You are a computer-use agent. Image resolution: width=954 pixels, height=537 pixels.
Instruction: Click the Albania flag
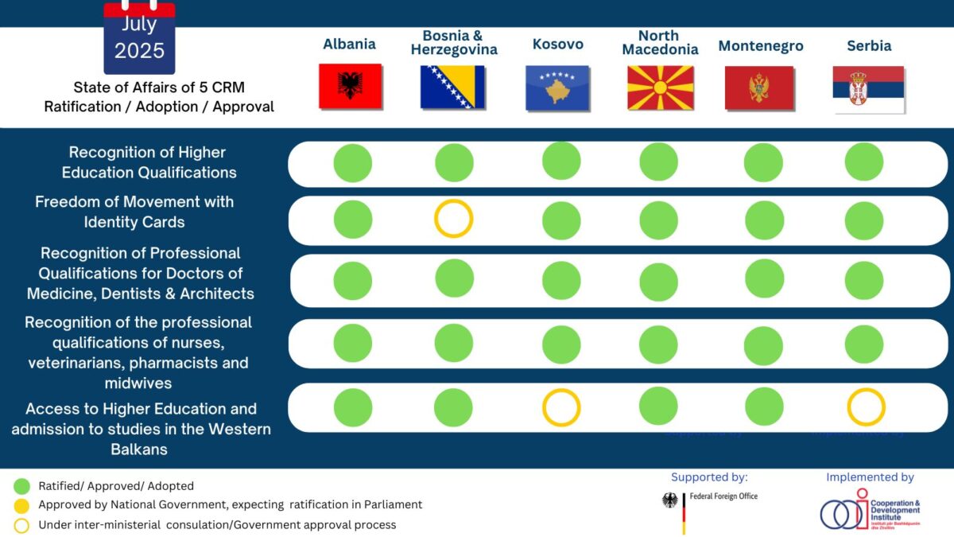350,87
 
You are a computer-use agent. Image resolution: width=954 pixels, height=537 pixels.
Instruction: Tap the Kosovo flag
557,88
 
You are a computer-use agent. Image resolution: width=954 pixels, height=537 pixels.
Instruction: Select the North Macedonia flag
660,88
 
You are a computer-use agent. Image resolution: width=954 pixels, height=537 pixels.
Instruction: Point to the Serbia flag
868,88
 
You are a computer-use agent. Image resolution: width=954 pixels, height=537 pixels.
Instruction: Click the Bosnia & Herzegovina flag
452,88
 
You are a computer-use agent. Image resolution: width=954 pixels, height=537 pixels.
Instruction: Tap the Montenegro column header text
761,46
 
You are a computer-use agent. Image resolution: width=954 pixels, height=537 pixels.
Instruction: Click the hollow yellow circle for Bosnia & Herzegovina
454,218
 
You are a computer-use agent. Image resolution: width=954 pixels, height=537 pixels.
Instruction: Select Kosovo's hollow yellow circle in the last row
561,407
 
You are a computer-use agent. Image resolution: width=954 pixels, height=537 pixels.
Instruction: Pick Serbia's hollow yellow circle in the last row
866,407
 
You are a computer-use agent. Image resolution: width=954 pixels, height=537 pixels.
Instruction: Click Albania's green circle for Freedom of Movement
352,220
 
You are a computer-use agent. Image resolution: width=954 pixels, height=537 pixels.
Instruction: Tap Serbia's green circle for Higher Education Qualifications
864,161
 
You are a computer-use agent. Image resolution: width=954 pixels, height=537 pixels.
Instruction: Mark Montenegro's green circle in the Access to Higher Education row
763,407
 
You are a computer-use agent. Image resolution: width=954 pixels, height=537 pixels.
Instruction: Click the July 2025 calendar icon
139,37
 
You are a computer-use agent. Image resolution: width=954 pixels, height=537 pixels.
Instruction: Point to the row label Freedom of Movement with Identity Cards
134,212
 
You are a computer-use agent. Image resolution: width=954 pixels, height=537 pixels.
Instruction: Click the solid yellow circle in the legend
22,505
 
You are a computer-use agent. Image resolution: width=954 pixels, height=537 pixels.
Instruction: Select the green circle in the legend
22,485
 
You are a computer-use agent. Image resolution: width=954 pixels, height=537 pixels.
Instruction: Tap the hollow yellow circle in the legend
22,525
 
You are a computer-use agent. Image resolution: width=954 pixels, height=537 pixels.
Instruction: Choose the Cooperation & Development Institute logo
870,510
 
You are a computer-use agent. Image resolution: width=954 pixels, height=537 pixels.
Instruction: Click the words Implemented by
870,477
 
